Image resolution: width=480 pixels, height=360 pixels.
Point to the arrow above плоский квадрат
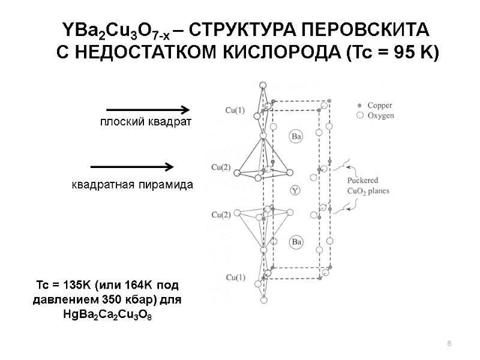pos(148,109)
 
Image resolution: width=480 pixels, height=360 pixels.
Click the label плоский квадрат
pos(145,123)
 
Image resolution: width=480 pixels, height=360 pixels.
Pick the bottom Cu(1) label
pos(235,277)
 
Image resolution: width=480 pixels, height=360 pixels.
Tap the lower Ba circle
pos(296,242)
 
